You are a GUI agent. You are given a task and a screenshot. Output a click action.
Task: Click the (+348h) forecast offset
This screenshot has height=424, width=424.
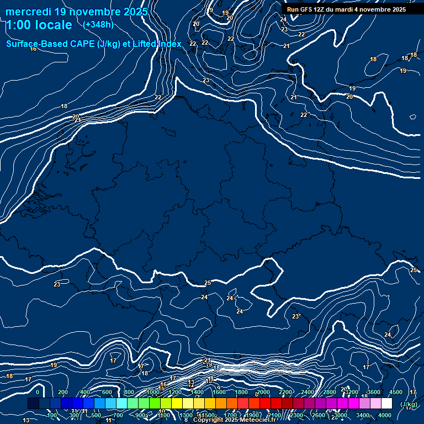(98, 25)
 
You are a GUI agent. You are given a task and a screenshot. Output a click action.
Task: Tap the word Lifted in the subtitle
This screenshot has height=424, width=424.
(147, 44)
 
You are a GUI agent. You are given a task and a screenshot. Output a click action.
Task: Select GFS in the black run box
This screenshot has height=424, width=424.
(309, 9)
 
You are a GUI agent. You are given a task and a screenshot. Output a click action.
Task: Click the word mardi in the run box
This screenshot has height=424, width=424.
(351, 9)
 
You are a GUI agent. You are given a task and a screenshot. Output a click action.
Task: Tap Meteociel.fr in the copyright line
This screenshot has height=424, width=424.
(257, 420)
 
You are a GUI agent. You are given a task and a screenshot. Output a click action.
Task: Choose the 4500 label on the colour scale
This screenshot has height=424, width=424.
(395, 392)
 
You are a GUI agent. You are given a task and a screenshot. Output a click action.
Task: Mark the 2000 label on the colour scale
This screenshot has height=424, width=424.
(263, 392)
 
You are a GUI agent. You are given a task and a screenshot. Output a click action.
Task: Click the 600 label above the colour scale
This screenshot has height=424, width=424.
(107, 392)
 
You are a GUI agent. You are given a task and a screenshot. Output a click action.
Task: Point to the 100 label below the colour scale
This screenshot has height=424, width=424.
(52, 415)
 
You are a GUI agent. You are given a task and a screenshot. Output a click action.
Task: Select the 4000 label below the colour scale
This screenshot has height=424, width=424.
(385, 415)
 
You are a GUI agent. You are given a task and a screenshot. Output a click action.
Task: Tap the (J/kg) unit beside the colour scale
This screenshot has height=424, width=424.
(409, 405)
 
